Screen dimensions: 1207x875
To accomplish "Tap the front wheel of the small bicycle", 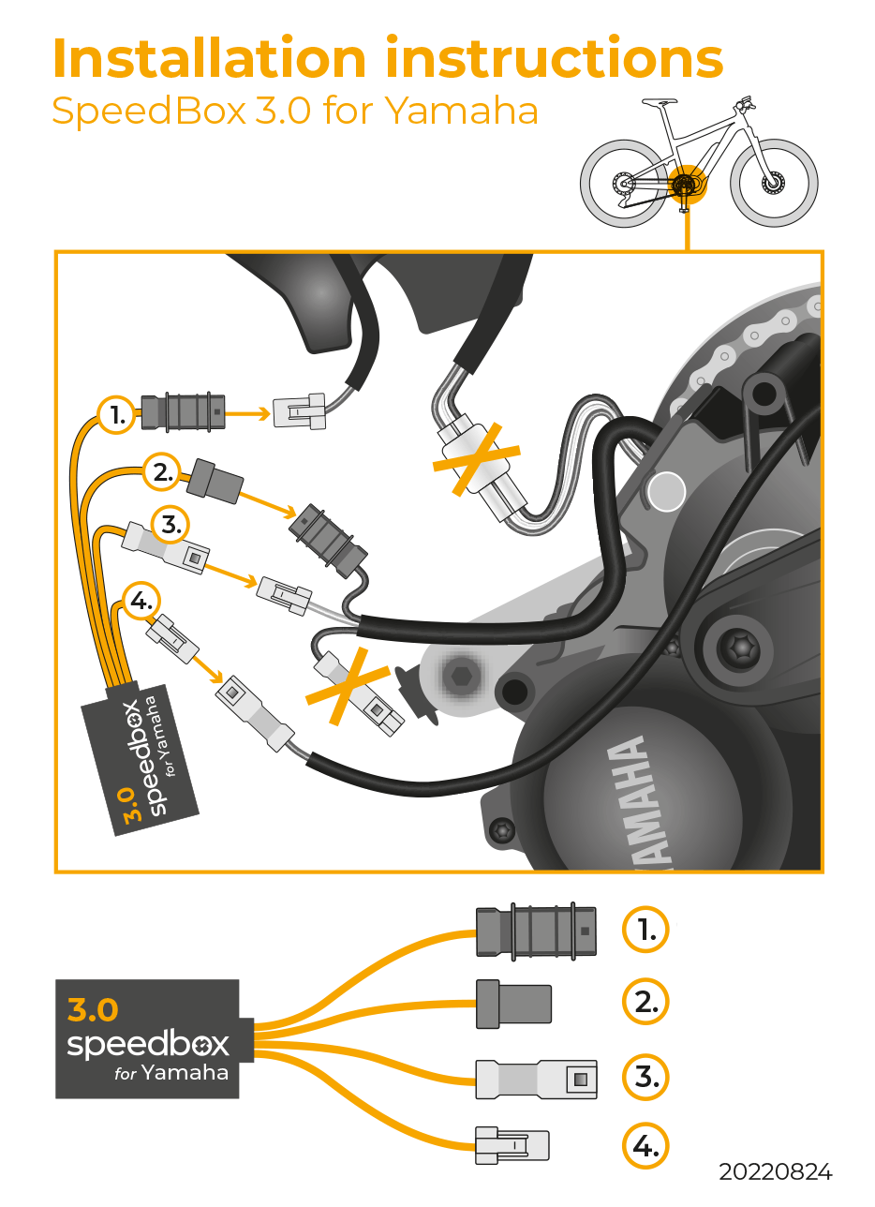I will click(x=774, y=183).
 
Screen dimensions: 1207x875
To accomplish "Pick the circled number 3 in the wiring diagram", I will click(x=171, y=525).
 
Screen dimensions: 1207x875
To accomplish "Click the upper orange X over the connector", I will click(x=475, y=457).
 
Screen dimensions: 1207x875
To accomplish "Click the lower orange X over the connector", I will click(x=349, y=683).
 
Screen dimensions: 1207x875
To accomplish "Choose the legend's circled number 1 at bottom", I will click(x=645, y=930).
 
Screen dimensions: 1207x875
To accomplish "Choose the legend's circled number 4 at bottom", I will click(x=645, y=1145).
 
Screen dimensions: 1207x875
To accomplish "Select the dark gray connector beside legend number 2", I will click(x=513, y=1003).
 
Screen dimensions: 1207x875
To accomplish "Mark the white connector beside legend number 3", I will click(x=535, y=1080).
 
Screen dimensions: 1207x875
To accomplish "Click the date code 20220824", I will click(x=775, y=1172).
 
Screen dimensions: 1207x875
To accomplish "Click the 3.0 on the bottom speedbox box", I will click(x=94, y=1009).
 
